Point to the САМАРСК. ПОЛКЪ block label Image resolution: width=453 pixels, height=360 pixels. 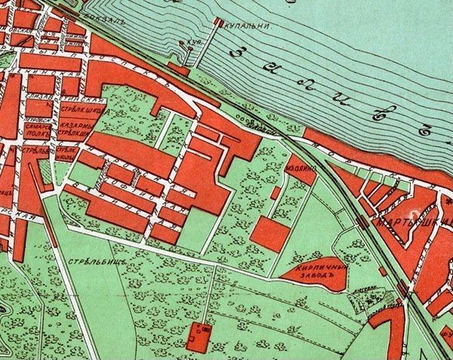(x=35, y=131)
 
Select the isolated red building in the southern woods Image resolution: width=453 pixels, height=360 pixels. (x=200, y=332)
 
